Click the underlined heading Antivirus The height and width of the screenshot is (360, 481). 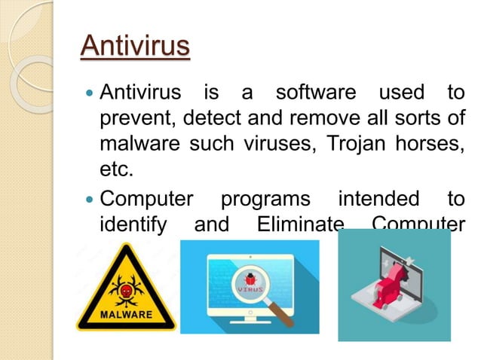(135, 46)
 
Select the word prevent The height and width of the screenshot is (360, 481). (136, 118)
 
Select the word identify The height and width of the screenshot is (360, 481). (133, 224)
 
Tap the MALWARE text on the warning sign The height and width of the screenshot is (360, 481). (127, 313)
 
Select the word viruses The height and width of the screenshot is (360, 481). (266, 143)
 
